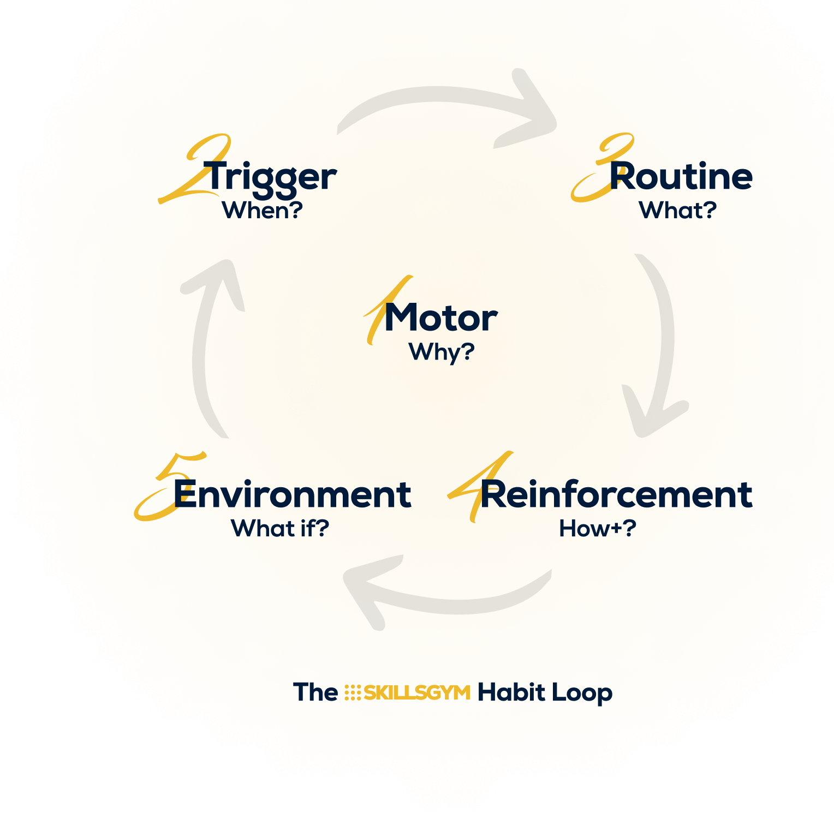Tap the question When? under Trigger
click(262, 211)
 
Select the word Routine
click(681, 177)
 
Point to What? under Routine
click(677, 211)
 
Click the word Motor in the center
click(441, 318)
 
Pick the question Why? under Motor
click(442, 352)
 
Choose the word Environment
click(292, 494)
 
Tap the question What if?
click(280, 528)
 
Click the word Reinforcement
click(616, 494)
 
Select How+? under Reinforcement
click(598, 528)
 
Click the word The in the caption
click(315, 692)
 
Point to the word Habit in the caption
click(511, 692)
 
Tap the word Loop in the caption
click(582, 693)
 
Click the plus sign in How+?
click(616, 528)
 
